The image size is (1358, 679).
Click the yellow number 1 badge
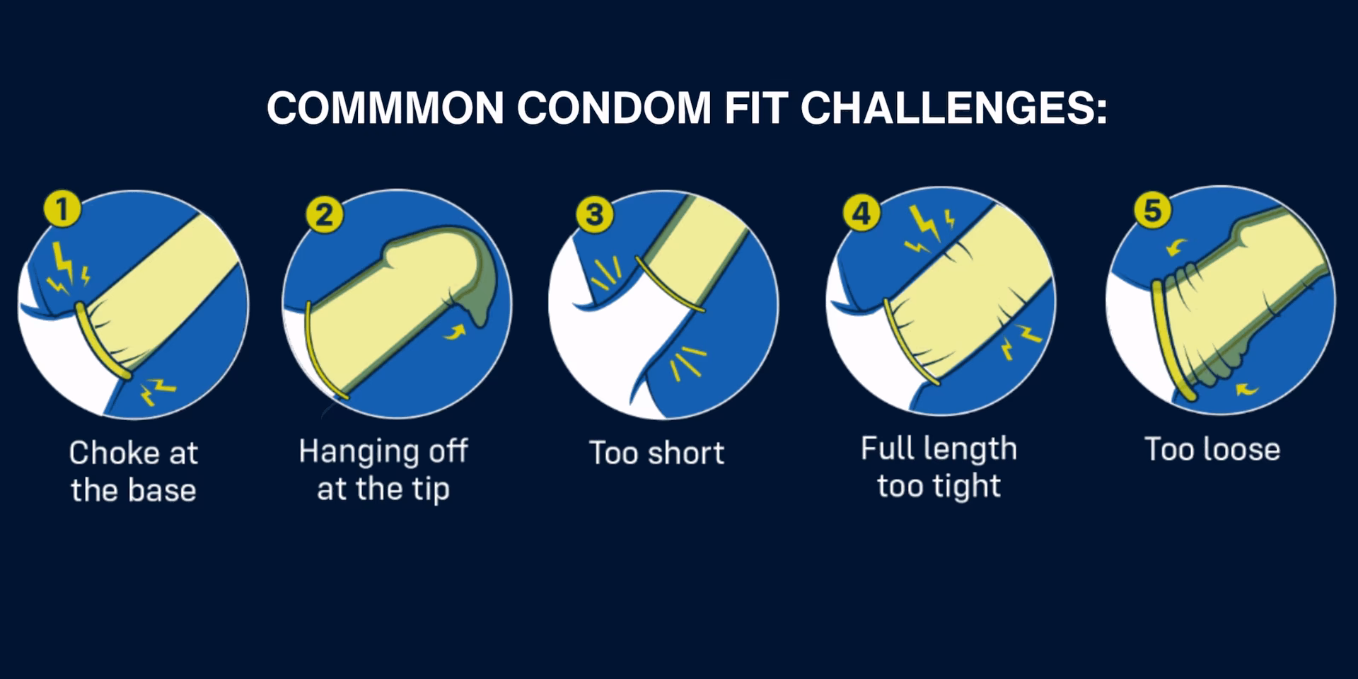tap(62, 209)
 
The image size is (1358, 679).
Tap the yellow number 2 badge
tap(325, 214)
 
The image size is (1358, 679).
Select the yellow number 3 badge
tap(594, 214)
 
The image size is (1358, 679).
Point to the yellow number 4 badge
tap(861, 212)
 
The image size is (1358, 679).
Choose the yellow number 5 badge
tap(1153, 210)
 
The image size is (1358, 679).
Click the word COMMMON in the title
tap(385, 108)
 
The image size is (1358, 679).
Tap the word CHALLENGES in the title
tap(953, 108)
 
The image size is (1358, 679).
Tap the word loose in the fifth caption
tap(1244, 449)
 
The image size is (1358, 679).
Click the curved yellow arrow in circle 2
tap(456, 330)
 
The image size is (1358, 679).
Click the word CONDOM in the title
tap(614, 108)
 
